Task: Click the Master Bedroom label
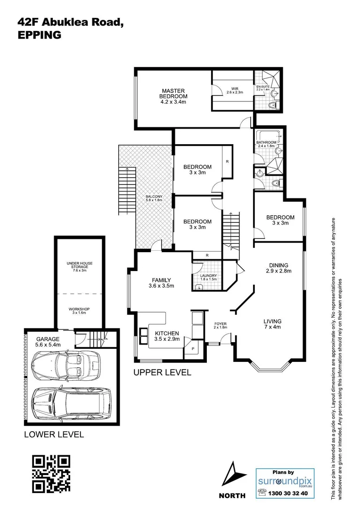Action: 173,96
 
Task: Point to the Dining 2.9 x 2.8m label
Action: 278,268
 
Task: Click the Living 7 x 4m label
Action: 272,324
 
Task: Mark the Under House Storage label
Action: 79,267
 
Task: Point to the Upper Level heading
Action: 162,372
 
